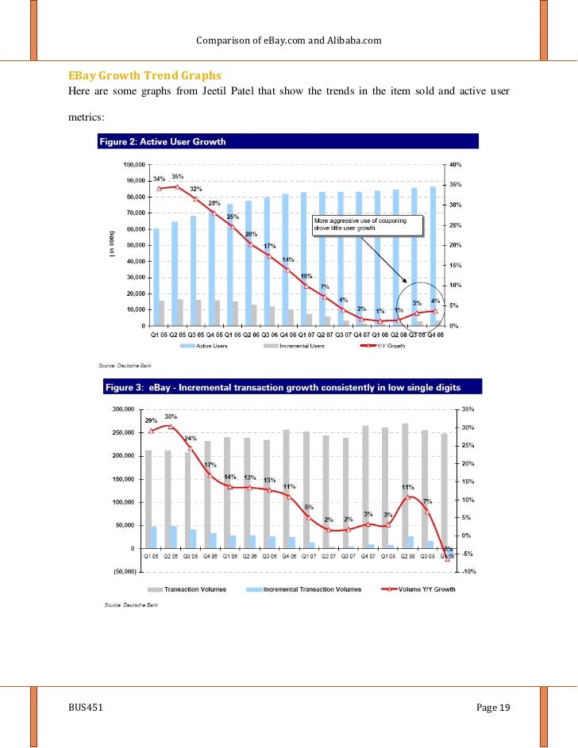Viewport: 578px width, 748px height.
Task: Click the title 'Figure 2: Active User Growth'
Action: click(162, 142)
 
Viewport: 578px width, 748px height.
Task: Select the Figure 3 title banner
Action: click(282, 388)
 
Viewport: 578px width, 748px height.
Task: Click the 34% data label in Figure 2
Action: click(159, 178)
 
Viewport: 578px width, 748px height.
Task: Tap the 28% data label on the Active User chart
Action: click(214, 203)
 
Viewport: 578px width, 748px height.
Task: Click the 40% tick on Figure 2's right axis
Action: click(456, 164)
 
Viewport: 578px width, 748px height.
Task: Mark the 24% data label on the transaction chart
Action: click(191, 438)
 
